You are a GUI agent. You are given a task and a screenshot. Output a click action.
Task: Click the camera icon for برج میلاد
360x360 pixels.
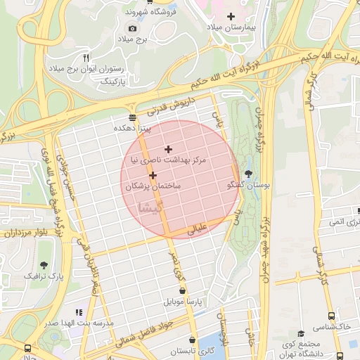point(132,28)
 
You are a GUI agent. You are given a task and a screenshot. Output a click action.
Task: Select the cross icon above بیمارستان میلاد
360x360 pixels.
point(232,15)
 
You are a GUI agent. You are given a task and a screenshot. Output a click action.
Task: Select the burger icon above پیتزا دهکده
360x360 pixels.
point(132,117)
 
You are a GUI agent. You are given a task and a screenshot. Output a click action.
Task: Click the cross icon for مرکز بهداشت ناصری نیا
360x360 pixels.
point(167,149)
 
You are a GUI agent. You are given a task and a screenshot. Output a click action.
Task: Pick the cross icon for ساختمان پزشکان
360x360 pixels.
point(153,174)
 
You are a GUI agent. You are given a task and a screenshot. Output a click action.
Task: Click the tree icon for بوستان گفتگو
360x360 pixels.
point(248,173)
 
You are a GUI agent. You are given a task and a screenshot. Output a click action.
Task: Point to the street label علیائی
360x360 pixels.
point(196,229)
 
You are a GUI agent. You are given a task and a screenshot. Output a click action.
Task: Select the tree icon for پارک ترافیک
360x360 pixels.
point(44,264)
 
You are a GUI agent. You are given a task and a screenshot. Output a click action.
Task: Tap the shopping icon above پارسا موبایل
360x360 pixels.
point(183,290)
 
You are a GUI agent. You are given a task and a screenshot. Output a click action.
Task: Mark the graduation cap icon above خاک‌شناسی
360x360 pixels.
point(301,333)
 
